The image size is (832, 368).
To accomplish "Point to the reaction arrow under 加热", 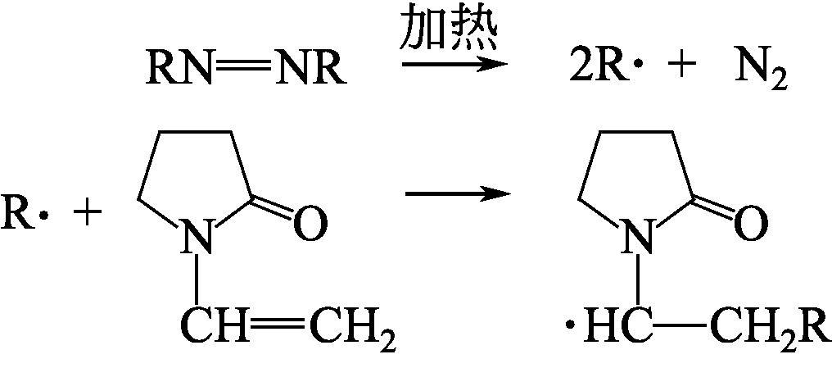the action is pyautogui.click(x=450, y=64).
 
